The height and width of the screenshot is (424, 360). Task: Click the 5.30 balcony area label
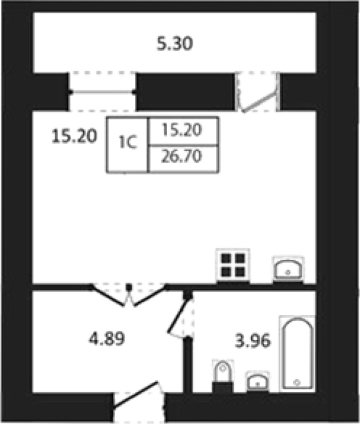click(174, 43)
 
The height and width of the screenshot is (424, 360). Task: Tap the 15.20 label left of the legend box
click(74, 136)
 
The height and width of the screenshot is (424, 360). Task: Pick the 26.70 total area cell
click(181, 157)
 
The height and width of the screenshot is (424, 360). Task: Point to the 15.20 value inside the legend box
click(182, 130)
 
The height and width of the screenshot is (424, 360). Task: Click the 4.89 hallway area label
click(107, 339)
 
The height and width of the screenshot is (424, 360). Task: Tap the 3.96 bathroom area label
click(253, 340)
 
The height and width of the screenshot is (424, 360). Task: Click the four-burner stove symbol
click(233, 265)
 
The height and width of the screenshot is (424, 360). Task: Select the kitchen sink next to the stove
click(288, 269)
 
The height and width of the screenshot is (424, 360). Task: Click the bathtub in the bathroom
click(298, 353)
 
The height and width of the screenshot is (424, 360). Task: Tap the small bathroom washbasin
click(257, 382)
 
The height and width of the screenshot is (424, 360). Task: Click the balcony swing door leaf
click(260, 102)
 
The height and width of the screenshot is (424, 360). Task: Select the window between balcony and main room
click(102, 92)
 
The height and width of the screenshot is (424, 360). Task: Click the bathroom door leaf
click(179, 315)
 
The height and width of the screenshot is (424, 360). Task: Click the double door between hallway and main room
click(129, 295)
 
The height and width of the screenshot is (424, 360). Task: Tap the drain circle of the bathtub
click(297, 383)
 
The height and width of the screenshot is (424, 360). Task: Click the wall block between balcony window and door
click(186, 92)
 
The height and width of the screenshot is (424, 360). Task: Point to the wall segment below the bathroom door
click(187, 365)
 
